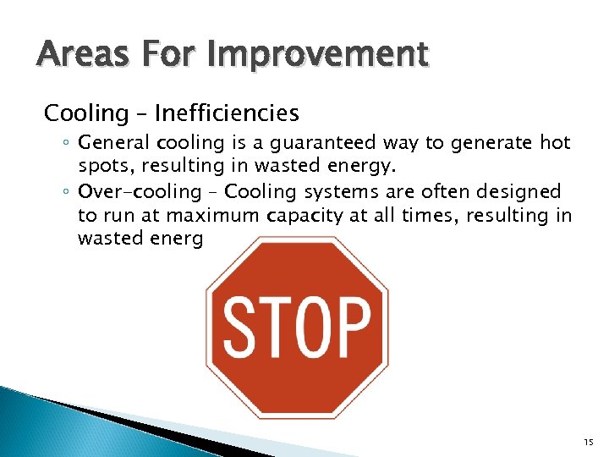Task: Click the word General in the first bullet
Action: point(111,143)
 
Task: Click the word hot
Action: point(554,143)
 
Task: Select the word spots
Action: point(102,167)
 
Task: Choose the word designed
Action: point(519,191)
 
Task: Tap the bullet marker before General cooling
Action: point(66,145)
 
